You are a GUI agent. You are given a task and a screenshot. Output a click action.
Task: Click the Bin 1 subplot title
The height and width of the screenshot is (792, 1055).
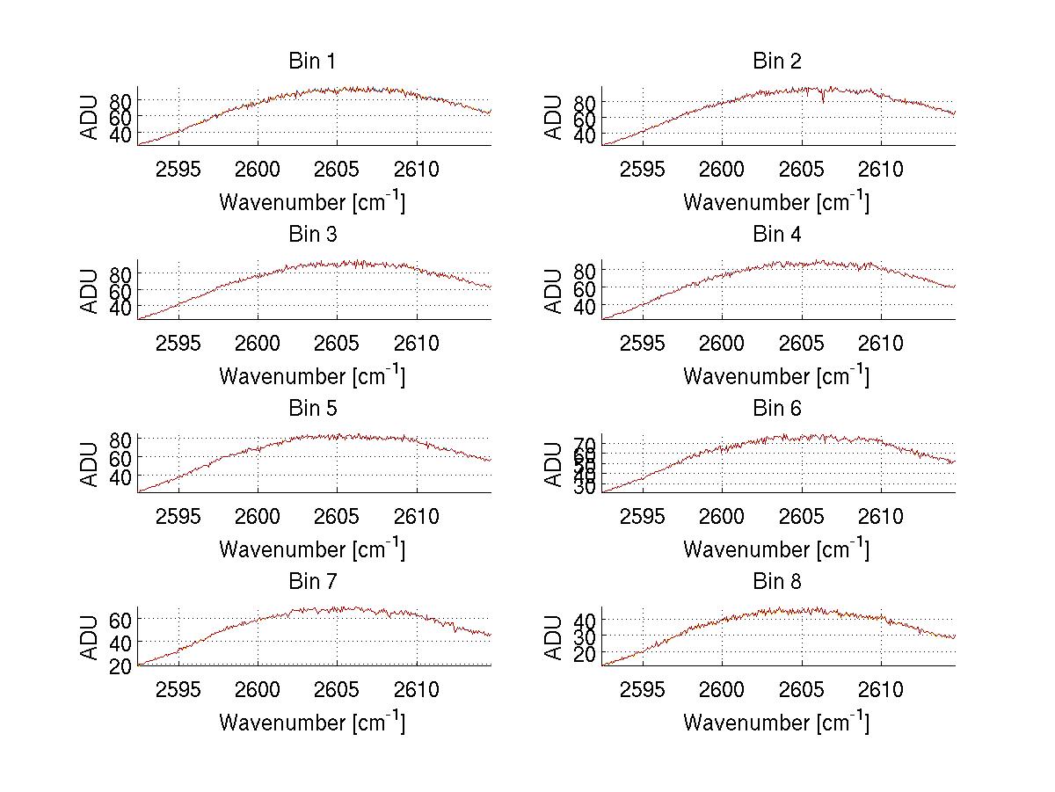[x=312, y=62]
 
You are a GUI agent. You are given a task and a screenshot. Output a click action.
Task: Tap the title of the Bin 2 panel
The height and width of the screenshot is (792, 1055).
[x=776, y=62]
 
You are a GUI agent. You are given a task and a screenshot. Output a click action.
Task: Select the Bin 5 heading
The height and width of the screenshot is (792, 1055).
[x=312, y=409]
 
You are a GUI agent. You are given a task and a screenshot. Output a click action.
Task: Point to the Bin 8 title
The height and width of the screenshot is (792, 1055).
[x=776, y=582]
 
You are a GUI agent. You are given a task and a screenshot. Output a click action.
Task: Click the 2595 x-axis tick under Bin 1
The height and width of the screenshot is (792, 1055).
[x=178, y=170]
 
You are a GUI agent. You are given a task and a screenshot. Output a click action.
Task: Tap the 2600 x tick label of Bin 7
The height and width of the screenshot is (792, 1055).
[x=258, y=690]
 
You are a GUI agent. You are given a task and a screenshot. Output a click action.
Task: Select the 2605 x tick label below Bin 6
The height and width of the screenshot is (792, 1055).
[x=801, y=517]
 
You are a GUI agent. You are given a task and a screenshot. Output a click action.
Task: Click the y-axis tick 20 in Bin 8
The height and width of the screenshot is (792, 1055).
[x=586, y=655]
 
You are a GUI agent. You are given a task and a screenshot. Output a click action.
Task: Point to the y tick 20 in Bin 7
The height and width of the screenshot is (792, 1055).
[x=121, y=665]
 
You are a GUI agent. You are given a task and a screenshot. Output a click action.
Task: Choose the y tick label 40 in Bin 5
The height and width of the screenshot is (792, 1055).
[x=121, y=476]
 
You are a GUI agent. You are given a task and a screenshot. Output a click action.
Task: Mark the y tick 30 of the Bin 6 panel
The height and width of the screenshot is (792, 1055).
[x=586, y=487]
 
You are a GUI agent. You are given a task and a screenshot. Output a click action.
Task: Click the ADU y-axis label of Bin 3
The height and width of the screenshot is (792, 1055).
[x=90, y=291]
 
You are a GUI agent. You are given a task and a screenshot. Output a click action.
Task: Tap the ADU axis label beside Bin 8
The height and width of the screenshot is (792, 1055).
[x=554, y=637]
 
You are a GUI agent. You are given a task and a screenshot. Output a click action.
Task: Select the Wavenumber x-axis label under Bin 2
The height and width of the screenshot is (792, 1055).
[x=776, y=201]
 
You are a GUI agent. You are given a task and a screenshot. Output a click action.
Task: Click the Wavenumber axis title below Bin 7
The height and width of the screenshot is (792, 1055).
[x=312, y=722]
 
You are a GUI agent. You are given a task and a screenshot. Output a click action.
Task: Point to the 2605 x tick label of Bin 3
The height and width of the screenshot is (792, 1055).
[x=337, y=343]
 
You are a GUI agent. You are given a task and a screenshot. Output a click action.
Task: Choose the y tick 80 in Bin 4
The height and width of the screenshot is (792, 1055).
[x=586, y=270]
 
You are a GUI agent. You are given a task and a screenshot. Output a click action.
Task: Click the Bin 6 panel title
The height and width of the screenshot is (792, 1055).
[x=776, y=409]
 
